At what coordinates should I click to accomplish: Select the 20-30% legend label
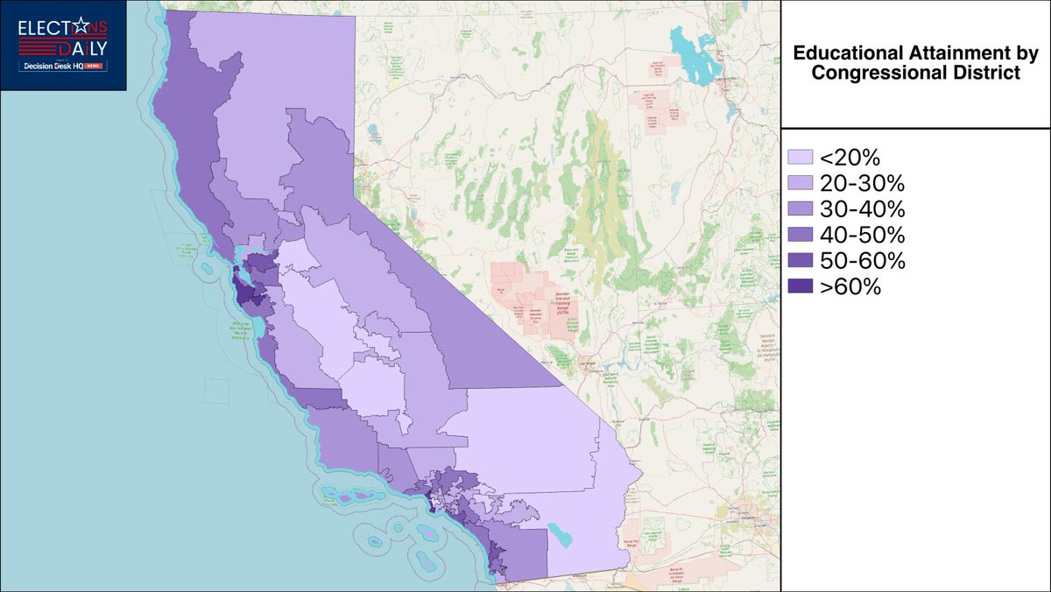(x=862, y=184)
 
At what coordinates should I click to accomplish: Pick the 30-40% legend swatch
(x=801, y=210)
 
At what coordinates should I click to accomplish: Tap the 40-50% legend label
(x=862, y=236)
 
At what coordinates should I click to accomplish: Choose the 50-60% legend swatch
(x=801, y=261)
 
